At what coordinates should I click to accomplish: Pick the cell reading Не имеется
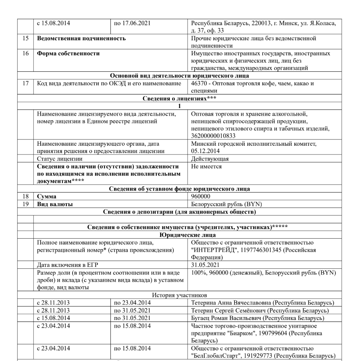coord(206,167)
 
